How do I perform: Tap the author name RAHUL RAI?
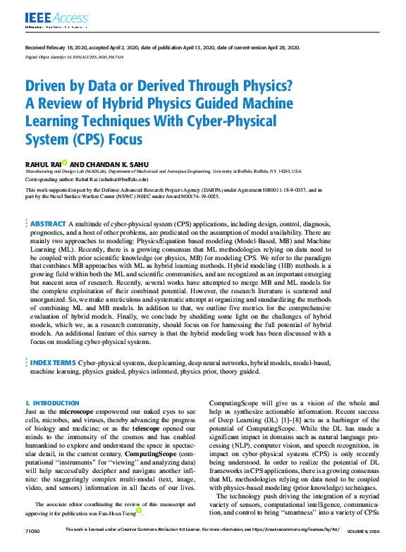click(x=44, y=163)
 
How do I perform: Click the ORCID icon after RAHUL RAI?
click(x=66, y=162)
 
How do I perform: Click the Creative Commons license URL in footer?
click(x=297, y=547)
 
